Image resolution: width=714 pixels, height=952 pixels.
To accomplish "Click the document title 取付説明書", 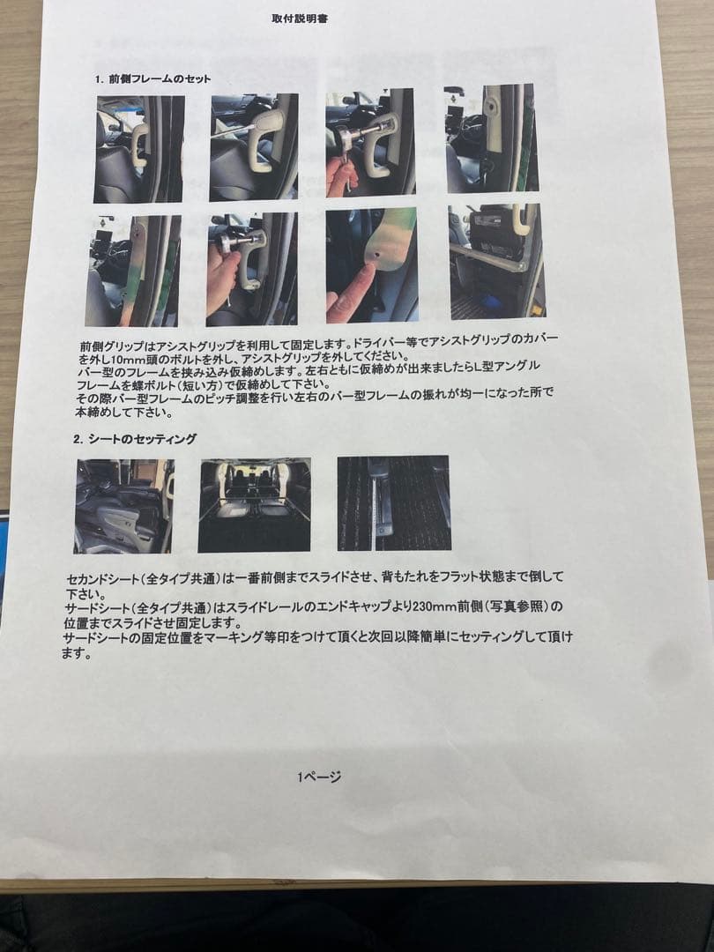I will [x=300, y=18].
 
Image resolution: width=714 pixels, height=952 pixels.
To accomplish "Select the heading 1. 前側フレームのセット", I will [x=153, y=79].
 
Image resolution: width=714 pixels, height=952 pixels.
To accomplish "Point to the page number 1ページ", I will [x=319, y=776].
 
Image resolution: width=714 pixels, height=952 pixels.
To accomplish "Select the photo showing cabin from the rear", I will [x=254, y=504].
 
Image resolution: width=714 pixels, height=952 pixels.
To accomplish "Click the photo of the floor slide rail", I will [x=393, y=502].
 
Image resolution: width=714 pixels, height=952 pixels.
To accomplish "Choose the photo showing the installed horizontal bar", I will [x=496, y=260].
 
